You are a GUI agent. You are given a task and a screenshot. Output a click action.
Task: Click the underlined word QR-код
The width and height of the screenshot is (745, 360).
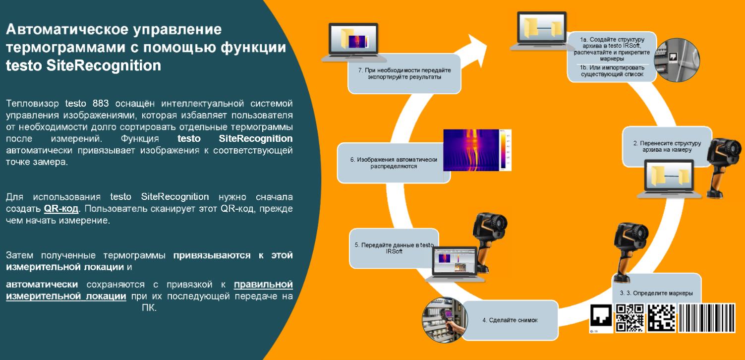click(61, 209)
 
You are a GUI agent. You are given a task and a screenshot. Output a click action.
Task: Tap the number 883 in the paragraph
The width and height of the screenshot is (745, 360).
click(101, 104)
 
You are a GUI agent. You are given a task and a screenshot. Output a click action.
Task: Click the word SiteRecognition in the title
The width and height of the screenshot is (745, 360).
click(104, 65)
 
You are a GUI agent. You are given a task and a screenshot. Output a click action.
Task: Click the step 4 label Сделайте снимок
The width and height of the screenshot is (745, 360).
click(510, 320)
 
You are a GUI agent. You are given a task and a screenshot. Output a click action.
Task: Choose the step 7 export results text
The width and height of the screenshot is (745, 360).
click(404, 73)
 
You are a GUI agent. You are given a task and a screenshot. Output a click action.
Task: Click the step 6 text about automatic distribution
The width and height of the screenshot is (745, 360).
click(394, 163)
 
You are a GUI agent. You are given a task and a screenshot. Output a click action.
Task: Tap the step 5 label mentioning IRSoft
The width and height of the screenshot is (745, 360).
click(394, 248)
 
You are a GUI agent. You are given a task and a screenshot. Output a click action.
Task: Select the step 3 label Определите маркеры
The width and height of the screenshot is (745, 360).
click(656, 293)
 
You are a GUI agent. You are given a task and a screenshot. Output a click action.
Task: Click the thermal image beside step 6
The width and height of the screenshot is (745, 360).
click(477, 150)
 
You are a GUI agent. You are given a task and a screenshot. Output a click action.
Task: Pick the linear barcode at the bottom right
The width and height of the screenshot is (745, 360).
click(707, 318)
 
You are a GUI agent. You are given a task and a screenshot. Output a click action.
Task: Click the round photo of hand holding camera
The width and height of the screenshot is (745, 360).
click(445, 320)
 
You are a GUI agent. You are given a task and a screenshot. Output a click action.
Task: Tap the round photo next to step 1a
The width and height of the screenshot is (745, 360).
click(677, 60)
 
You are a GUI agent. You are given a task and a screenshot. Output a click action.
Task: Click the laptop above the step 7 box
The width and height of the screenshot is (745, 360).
click(353, 43)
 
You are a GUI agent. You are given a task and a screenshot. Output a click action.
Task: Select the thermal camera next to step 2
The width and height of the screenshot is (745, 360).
click(723, 168)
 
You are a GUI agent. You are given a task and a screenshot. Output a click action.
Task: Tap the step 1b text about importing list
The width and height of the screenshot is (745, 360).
click(612, 71)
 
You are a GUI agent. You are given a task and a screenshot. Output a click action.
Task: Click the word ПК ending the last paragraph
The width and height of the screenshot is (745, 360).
click(149, 307)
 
